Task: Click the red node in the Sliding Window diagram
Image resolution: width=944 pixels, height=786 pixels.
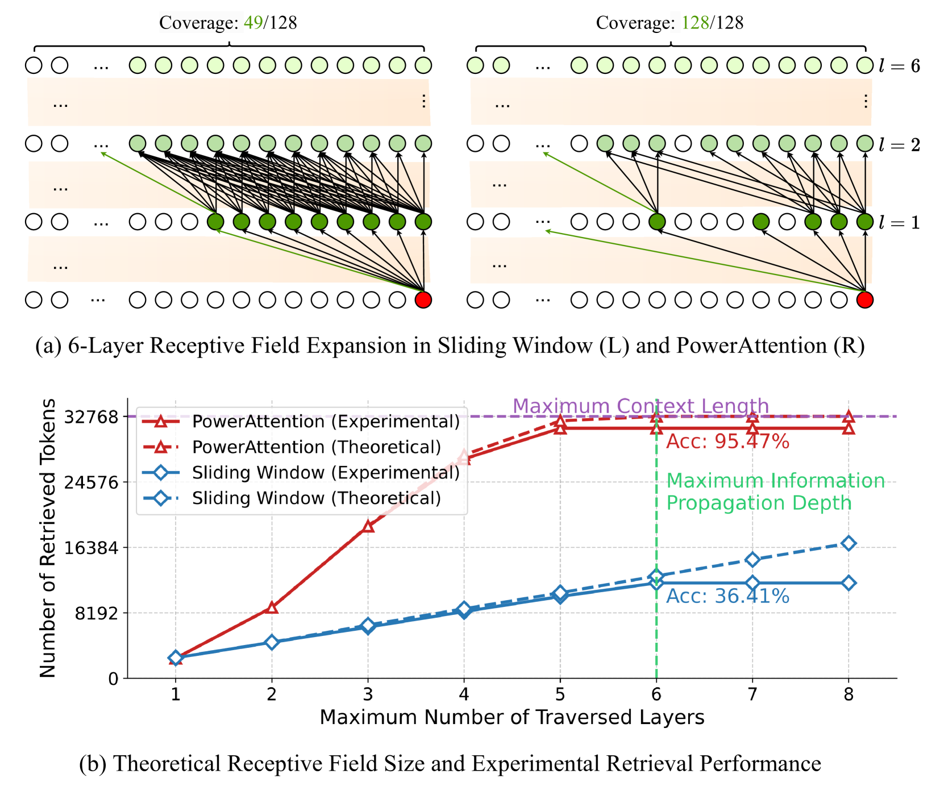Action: click(423, 300)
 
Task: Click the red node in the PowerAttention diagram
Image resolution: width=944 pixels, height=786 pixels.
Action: click(864, 300)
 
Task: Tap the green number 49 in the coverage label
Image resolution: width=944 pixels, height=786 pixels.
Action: click(253, 23)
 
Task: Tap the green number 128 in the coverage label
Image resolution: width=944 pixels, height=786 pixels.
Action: click(695, 23)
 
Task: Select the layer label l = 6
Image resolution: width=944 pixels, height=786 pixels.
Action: click(899, 66)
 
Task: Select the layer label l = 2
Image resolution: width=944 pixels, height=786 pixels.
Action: click(899, 145)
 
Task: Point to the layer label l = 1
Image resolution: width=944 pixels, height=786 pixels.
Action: click(899, 222)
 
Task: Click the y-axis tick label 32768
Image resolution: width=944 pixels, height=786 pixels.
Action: click(92, 417)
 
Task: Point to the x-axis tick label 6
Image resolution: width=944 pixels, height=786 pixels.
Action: click(656, 694)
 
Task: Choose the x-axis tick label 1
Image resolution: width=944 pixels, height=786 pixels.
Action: click(176, 694)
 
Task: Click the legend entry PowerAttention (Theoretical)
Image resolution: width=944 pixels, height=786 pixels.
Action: click(317, 447)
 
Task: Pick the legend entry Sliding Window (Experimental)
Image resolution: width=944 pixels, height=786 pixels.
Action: click(326, 472)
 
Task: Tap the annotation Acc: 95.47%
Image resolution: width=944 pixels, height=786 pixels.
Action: click(727, 442)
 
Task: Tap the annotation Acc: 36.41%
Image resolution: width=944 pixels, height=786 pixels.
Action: click(727, 596)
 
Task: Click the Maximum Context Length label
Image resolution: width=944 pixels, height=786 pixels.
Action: click(641, 406)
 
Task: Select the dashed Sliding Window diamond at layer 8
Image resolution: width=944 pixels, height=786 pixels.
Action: click(849, 543)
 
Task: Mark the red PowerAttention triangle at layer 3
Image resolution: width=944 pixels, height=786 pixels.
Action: click(368, 526)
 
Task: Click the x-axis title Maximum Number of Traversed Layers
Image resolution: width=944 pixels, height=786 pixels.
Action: click(511, 717)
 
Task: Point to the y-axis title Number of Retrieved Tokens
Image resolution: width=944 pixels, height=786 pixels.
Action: click(48, 538)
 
